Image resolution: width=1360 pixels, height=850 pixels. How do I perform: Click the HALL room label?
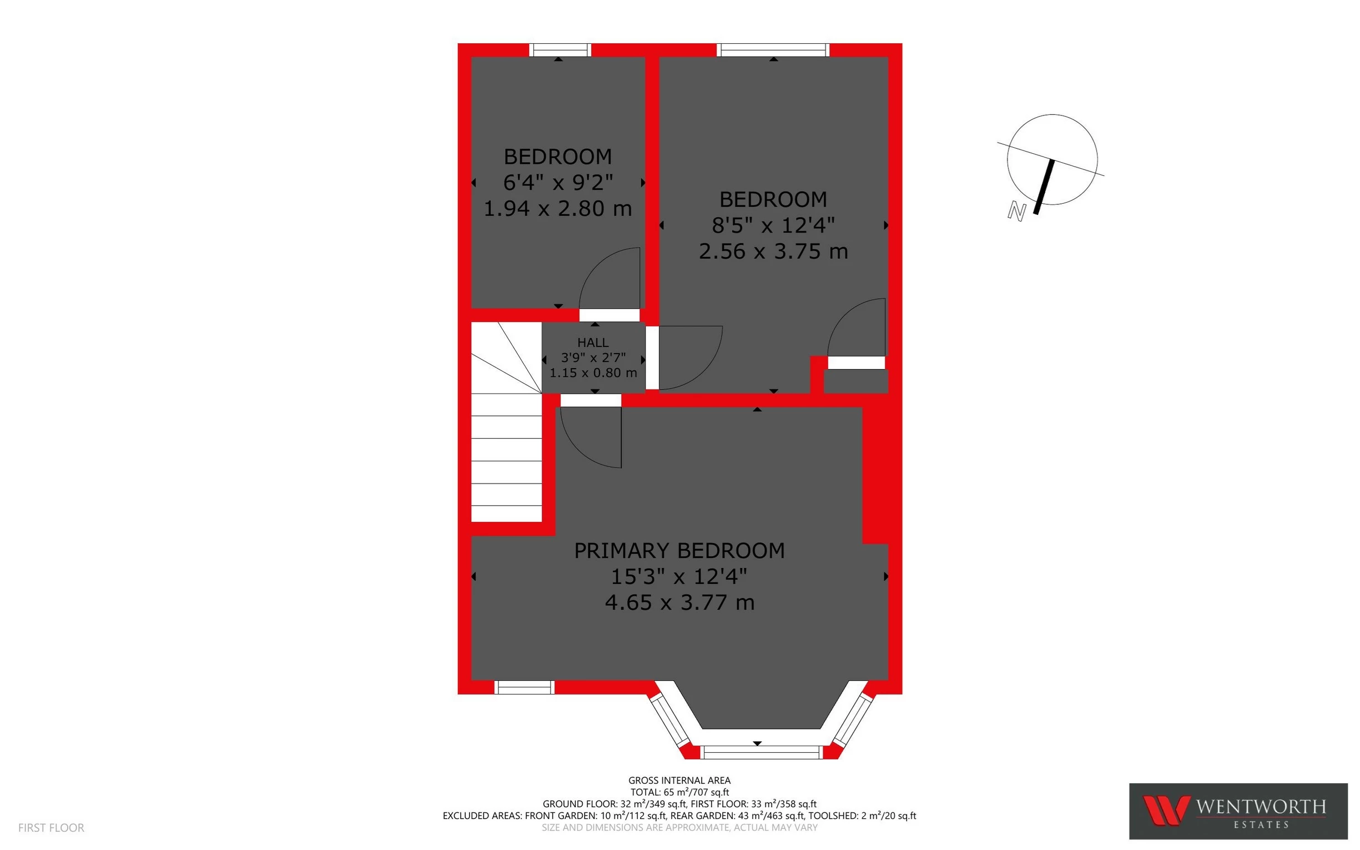coord(593,343)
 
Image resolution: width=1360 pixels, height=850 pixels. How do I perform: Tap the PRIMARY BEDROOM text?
coord(679,550)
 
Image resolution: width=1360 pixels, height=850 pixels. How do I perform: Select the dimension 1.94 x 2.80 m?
coord(557,209)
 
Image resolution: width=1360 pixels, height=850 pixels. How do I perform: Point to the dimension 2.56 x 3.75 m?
coord(773,252)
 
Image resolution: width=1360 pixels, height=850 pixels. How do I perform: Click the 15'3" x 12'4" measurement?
coord(679,576)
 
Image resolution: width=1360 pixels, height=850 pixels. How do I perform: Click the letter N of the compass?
coord(1016,212)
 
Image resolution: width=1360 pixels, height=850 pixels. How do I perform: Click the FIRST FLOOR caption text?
coord(51,827)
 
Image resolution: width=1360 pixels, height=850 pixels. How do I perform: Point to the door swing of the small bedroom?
coord(607,278)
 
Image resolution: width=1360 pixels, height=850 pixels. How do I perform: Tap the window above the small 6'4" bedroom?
coord(560,50)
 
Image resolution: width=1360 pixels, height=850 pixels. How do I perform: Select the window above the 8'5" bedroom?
coord(773,50)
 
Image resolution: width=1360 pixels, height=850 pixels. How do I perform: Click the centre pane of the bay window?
coord(757,752)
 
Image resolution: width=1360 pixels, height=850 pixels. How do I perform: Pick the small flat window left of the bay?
coord(525,687)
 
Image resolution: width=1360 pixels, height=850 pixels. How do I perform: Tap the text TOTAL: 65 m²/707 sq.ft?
coord(679,792)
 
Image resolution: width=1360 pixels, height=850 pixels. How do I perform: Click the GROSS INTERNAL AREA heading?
coord(679,780)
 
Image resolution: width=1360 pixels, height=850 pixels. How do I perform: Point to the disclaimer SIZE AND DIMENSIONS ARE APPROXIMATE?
coord(679,827)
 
